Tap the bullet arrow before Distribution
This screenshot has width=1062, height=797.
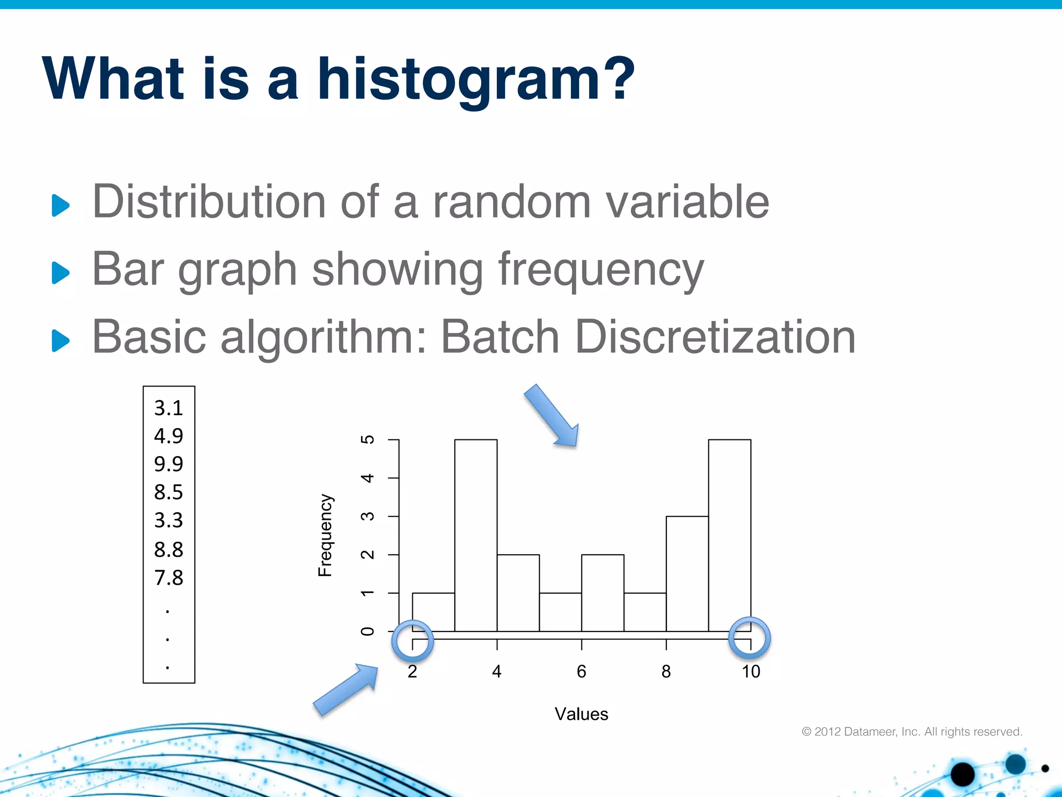pyautogui.click(x=61, y=205)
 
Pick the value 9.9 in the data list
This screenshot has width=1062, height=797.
pyautogui.click(x=169, y=464)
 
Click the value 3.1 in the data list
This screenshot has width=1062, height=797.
pyautogui.click(x=169, y=408)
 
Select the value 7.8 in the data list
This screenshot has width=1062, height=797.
pyautogui.click(x=169, y=578)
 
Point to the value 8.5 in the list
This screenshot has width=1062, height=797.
pyautogui.click(x=169, y=492)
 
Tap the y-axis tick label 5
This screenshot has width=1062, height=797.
pyautogui.click(x=367, y=439)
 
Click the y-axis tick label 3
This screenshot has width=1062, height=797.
pyautogui.click(x=367, y=516)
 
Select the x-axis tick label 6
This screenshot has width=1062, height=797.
pyautogui.click(x=581, y=671)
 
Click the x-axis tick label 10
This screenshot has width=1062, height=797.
pyautogui.click(x=750, y=671)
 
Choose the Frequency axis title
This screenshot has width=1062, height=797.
pyautogui.click(x=325, y=535)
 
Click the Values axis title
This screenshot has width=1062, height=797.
pyautogui.click(x=581, y=714)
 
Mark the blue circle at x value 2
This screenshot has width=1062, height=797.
pyautogui.click(x=412, y=640)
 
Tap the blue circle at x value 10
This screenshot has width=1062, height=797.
pyautogui.click(x=749, y=637)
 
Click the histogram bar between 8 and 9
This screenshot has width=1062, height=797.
pyautogui.click(x=687, y=573)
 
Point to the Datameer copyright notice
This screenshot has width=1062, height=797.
pyautogui.click(x=912, y=732)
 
